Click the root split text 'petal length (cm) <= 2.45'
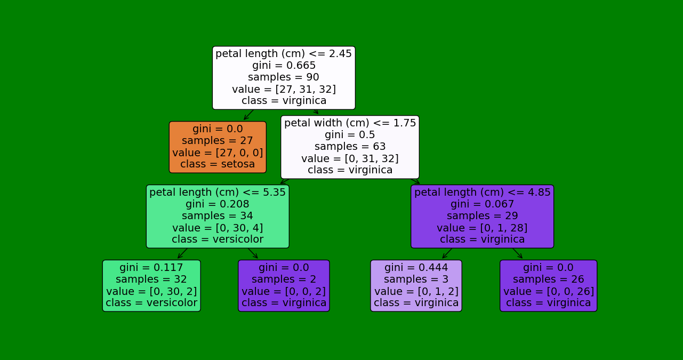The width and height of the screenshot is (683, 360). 284,54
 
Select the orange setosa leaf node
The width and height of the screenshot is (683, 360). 218,147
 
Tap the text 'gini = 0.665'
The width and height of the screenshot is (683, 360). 284,66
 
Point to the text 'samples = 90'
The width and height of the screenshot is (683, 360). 284,77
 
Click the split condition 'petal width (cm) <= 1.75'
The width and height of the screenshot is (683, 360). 350,123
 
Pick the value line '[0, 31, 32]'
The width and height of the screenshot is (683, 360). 350,158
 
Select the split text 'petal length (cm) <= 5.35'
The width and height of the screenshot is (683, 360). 218,193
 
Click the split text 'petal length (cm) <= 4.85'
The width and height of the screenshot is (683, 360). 482,193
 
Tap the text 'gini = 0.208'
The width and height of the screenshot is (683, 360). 218,204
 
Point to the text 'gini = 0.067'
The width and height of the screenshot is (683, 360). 482,204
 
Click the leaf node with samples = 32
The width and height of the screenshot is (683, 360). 151,285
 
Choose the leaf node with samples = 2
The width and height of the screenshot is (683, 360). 284,285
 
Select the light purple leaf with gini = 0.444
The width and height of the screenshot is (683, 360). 416,285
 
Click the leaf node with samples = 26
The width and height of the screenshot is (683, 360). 548,285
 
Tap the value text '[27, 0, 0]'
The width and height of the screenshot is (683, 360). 218,153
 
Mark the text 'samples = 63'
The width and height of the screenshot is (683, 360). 350,147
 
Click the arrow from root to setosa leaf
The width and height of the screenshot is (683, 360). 248,115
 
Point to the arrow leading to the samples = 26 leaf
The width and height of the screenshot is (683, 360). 517,253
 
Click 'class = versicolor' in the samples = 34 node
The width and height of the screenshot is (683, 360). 218,239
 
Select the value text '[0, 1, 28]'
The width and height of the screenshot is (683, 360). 482,228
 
